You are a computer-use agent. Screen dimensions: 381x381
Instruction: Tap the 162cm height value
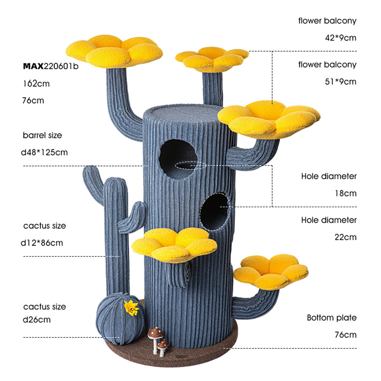pos(36,83)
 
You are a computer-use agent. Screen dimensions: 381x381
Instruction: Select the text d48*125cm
pos(45,152)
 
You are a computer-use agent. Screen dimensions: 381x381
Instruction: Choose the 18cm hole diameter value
pos(346,193)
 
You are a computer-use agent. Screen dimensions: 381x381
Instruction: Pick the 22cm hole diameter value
pos(346,237)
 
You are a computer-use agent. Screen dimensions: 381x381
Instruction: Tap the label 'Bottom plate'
pos(331,318)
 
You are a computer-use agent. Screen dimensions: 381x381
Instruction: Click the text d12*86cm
pos(43,243)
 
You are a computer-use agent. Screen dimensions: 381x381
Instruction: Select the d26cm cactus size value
pos(37,320)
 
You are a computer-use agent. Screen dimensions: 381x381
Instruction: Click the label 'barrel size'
pos(42,135)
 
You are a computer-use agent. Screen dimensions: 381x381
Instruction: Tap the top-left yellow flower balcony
pos(114,51)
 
